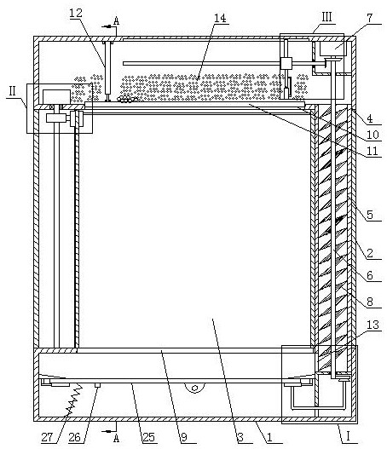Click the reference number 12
(76, 13)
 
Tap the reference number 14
(220, 18)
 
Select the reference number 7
(370, 18)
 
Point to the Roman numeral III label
(326, 17)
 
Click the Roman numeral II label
(12, 91)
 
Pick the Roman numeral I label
(348, 437)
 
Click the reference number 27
(47, 437)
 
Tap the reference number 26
(74, 437)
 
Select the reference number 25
(148, 437)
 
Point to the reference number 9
(183, 437)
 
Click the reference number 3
(240, 437)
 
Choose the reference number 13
(373, 325)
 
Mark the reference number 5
(370, 215)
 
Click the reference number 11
(373, 151)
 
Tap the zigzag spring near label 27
(73, 400)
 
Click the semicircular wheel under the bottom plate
(195, 388)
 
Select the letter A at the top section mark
(116, 20)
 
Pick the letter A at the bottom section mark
(116, 438)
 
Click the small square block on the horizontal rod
(286, 63)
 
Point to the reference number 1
(269, 437)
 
